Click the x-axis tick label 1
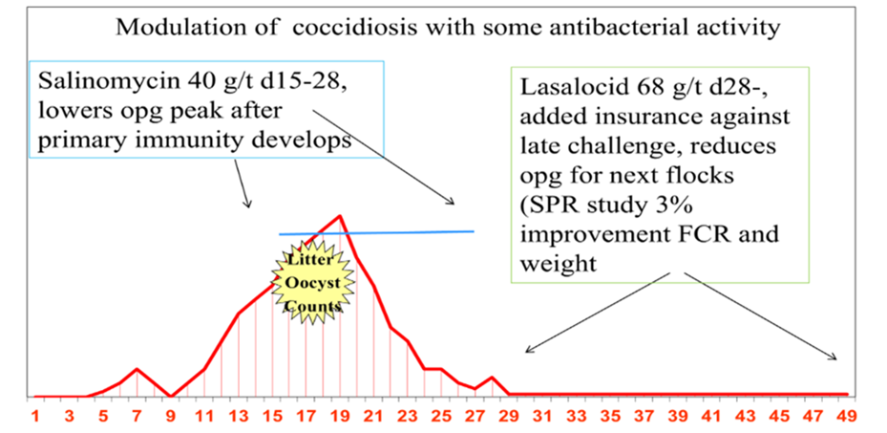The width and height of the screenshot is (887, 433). coord(35,416)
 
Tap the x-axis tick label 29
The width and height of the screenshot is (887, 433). coord(507,416)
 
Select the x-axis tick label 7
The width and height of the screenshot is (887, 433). coord(137,416)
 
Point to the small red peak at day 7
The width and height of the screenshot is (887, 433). coord(137,369)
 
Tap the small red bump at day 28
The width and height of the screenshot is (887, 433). coord(491,379)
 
